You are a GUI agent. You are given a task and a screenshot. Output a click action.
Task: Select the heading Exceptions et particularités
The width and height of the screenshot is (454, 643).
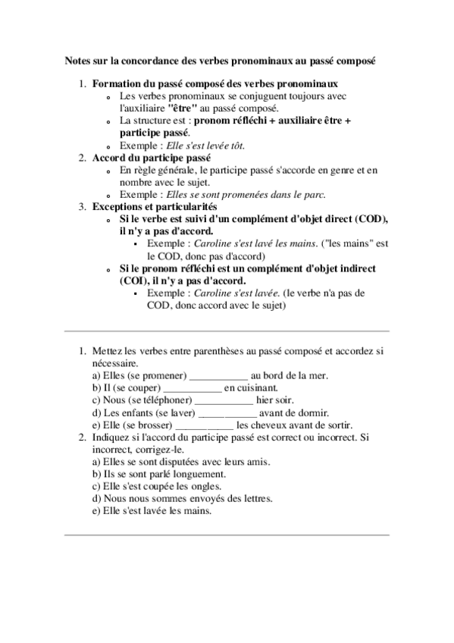[x=155, y=206]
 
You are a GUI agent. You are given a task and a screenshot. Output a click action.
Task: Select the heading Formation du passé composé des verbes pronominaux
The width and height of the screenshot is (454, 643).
[x=215, y=84]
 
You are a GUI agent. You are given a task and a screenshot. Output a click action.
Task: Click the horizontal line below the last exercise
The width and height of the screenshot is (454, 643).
[x=227, y=535]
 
